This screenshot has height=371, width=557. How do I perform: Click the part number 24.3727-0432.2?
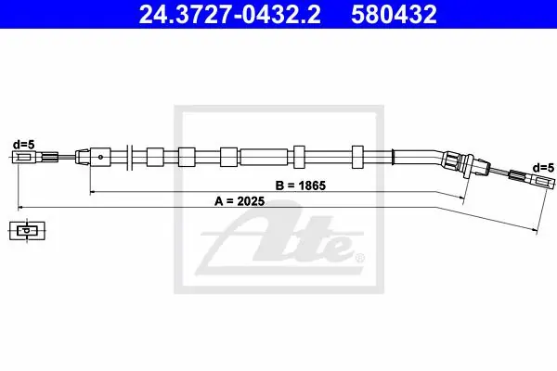point(229,14)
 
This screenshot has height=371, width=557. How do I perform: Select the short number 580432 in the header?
point(394,14)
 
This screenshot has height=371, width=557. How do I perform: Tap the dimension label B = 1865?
point(301,185)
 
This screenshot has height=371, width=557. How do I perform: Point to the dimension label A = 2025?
point(240,201)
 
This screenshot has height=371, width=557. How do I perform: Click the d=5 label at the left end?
point(24,145)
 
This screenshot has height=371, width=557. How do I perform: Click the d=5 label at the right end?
point(543,168)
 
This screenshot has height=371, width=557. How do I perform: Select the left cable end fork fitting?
point(35,157)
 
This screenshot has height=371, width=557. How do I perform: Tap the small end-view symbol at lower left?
point(27,231)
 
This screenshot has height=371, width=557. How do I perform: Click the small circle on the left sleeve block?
point(100,157)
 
